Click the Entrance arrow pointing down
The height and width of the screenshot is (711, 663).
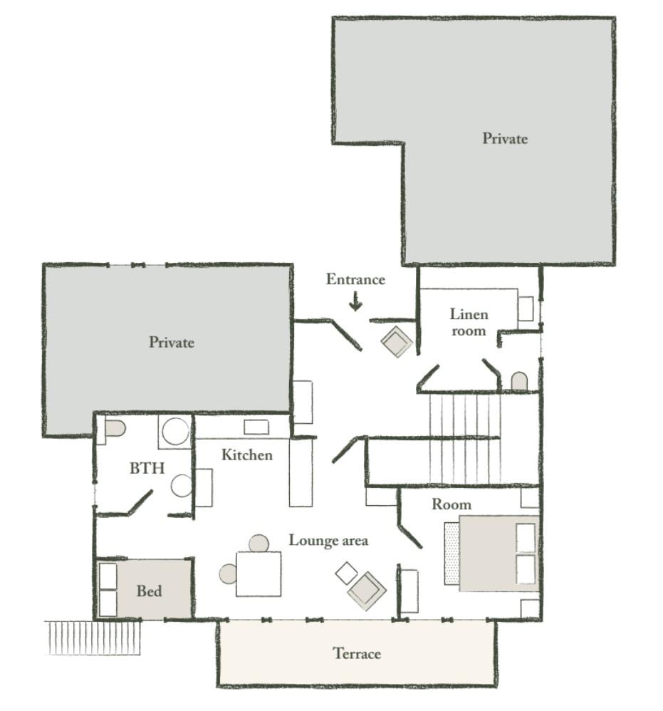coord(356,301)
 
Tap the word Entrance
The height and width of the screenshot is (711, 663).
coord(356,279)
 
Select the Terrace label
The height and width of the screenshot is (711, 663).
coord(357,653)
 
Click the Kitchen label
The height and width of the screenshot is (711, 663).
coord(247,455)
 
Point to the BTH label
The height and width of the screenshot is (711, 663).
coord(147,468)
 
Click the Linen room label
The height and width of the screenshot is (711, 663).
coord(469,323)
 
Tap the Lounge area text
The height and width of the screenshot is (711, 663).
coord(328,540)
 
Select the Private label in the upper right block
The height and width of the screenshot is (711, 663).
coord(505,138)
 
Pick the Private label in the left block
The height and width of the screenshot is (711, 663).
coord(172,342)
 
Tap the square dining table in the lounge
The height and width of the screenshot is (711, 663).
coord(259,574)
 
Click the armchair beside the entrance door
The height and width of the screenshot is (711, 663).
coord(397,341)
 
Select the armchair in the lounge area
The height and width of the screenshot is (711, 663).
coord(367,591)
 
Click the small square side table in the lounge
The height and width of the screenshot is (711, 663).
coord(347,574)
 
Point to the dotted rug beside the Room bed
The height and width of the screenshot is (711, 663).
coord(451,554)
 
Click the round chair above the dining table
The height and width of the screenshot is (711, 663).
coord(259,544)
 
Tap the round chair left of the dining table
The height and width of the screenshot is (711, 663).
coord(228,574)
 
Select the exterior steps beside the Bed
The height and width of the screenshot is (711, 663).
coord(93,638)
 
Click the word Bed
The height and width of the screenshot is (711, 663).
coord(149,591)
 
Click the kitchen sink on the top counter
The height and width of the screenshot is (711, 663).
coord(256,427)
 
